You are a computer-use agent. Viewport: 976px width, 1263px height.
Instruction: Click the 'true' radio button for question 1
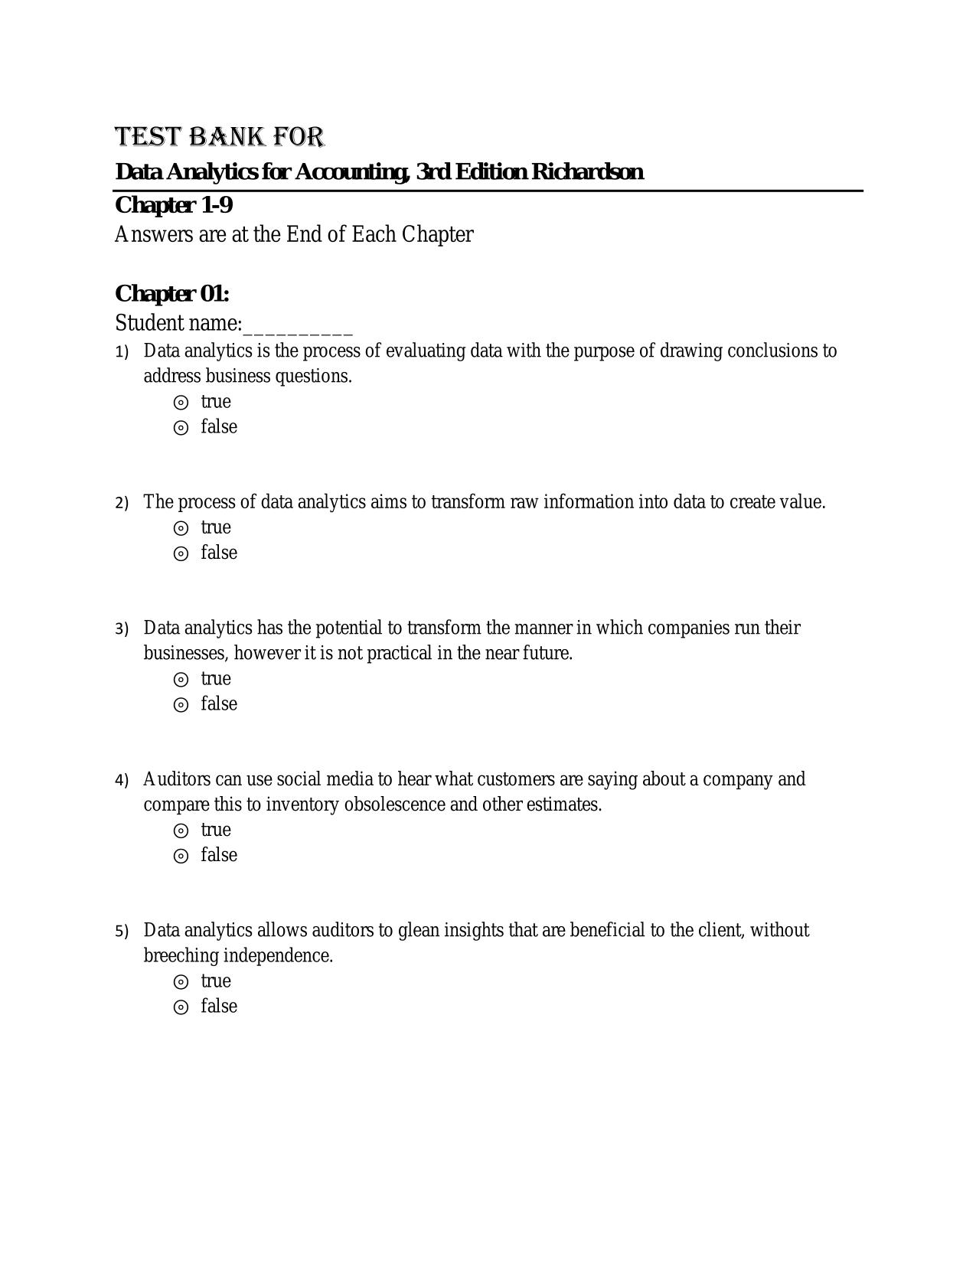181,403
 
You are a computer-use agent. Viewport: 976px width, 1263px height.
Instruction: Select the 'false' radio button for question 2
181,553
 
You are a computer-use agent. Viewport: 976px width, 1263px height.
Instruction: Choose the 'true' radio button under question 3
181,680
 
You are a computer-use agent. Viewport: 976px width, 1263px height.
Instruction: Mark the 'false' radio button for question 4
181,856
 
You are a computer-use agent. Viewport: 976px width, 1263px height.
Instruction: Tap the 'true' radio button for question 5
181,982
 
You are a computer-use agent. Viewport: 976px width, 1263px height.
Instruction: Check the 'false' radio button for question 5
181,1007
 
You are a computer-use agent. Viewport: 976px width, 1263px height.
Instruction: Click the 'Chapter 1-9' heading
174,205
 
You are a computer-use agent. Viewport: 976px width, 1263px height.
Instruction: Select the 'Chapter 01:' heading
172,294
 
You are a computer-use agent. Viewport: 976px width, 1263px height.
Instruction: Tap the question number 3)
122,629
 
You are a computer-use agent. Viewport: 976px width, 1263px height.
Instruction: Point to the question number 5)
122,932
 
